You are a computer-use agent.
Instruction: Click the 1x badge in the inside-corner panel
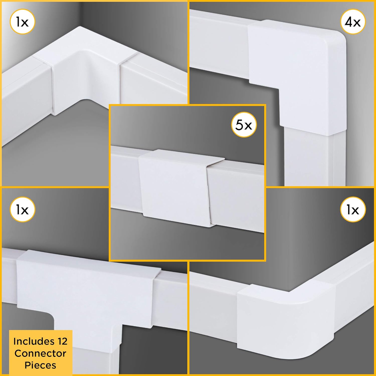click(22, 23)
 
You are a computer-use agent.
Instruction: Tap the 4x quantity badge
click(353, 22)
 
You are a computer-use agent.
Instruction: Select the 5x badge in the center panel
click(244, 125)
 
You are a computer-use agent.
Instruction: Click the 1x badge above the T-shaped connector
click(22, 210)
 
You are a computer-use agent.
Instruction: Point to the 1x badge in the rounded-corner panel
click(353, 210)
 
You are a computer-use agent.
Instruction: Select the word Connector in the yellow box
click(40, 353)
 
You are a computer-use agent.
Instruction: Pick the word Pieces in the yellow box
click(40, 365)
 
